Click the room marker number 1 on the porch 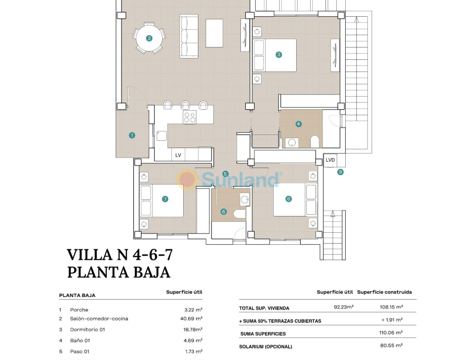click(x=132, y=135)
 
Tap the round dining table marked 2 click(x=149, y=38)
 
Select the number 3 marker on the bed click(x=279, y=55)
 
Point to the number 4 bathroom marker click(x=298, y=124)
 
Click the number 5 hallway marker click(x=225, y=174)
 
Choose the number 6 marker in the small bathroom click(x=223, y=211)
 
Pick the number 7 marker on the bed click(x=165, y=199)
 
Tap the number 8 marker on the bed click(x=289, y=199)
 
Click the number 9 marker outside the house click(x=340, y=172)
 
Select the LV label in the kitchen click(x=178, y=155)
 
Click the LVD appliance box click(x=330, y=160)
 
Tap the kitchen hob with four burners click(x=190, y=117)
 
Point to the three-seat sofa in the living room click(x=189, y=36)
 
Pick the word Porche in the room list click(x=79, y=310)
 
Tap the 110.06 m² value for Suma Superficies click(x=391, y=333)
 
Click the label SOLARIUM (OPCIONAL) click(x=266, y=346)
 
